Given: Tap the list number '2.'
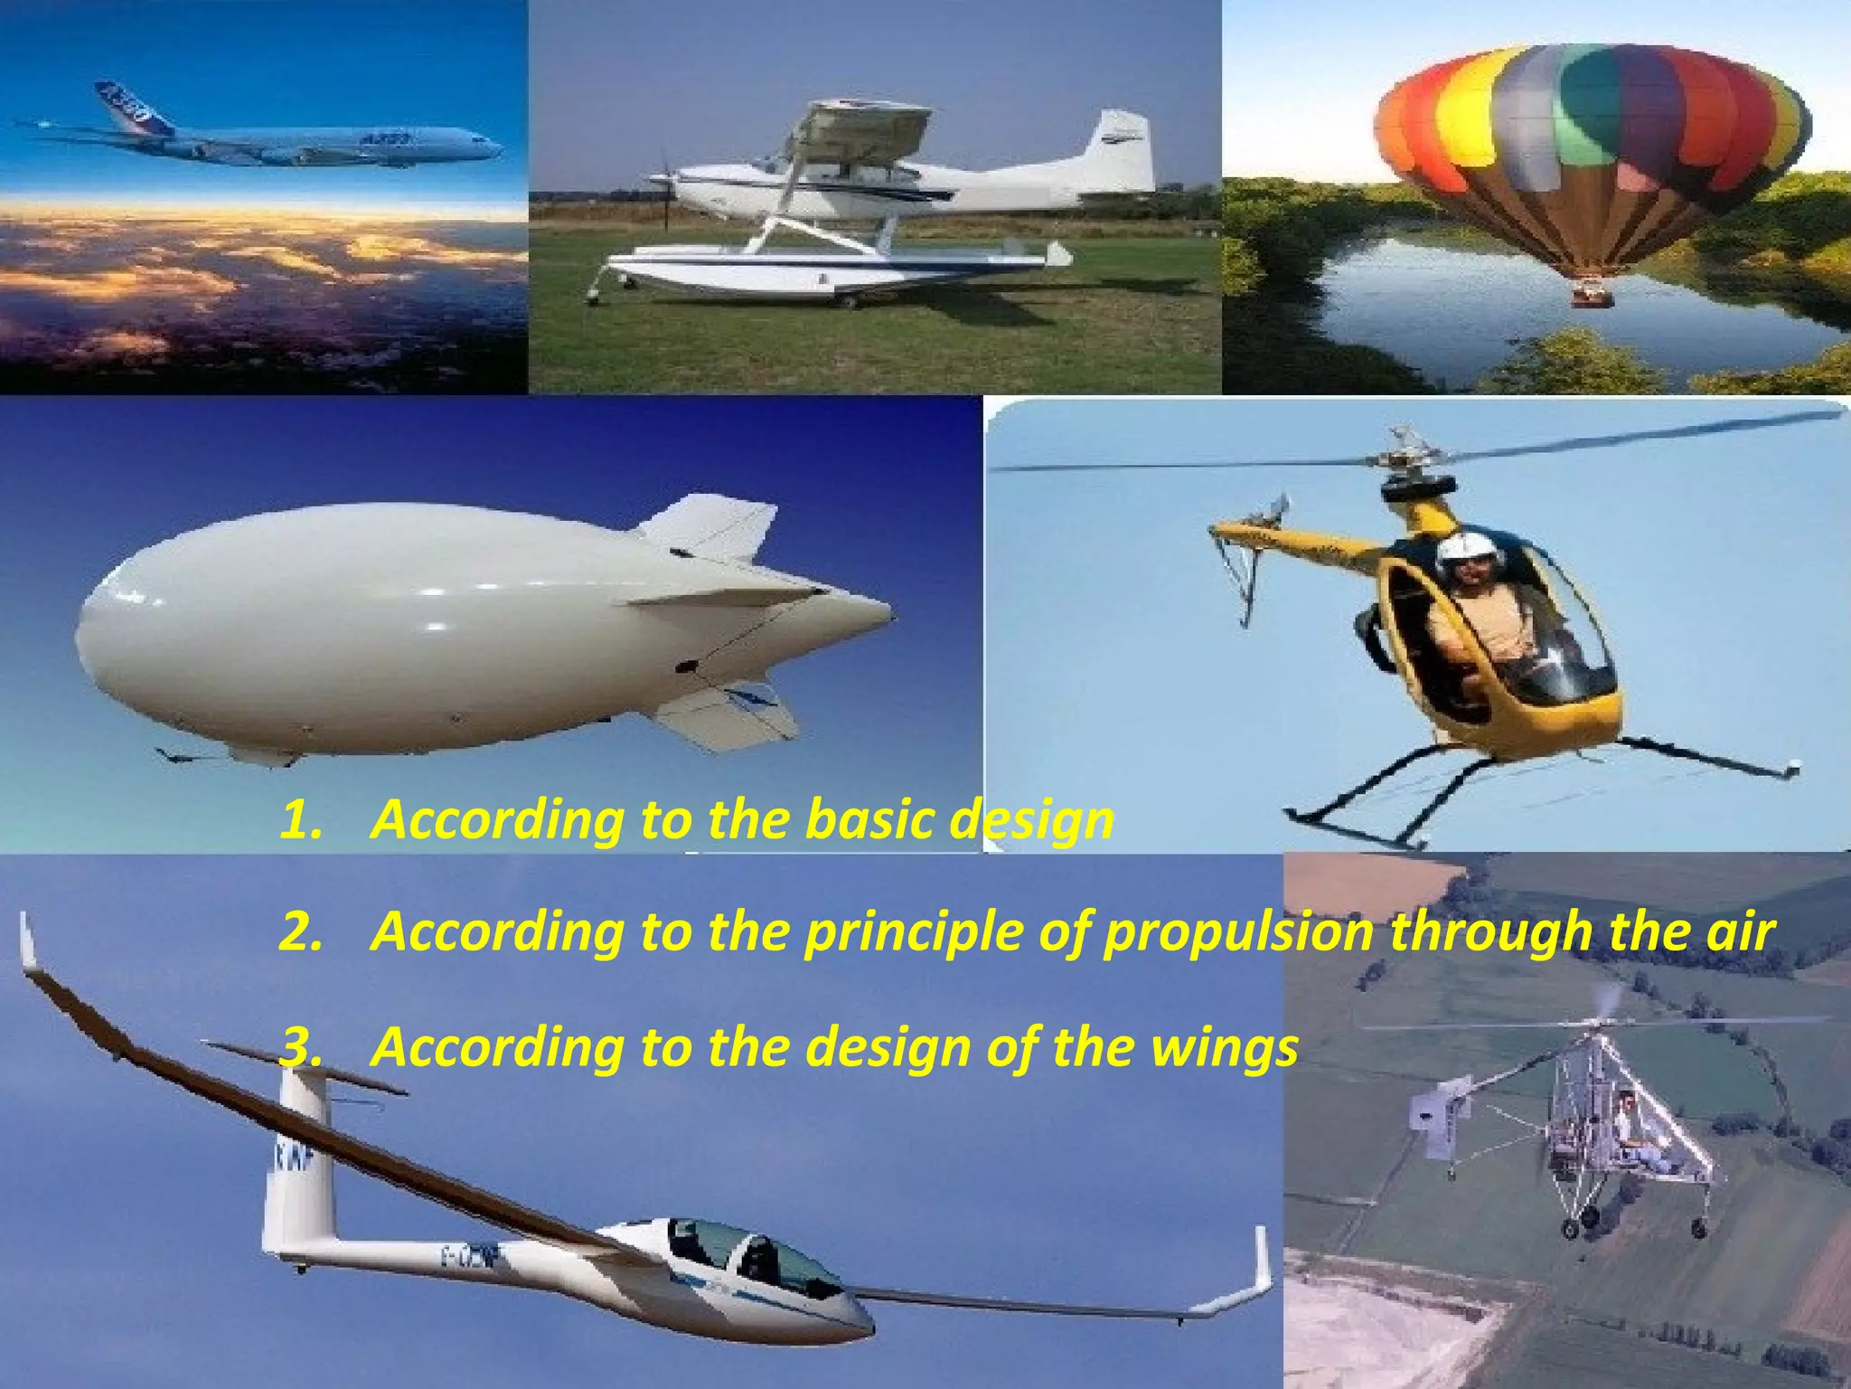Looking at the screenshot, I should pyautogui.click(x=300, y=931).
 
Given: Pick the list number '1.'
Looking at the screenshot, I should pyautogui.click(x=300, y=819).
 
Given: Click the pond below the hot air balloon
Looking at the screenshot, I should pyautogui.click(x=1446, y=289).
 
